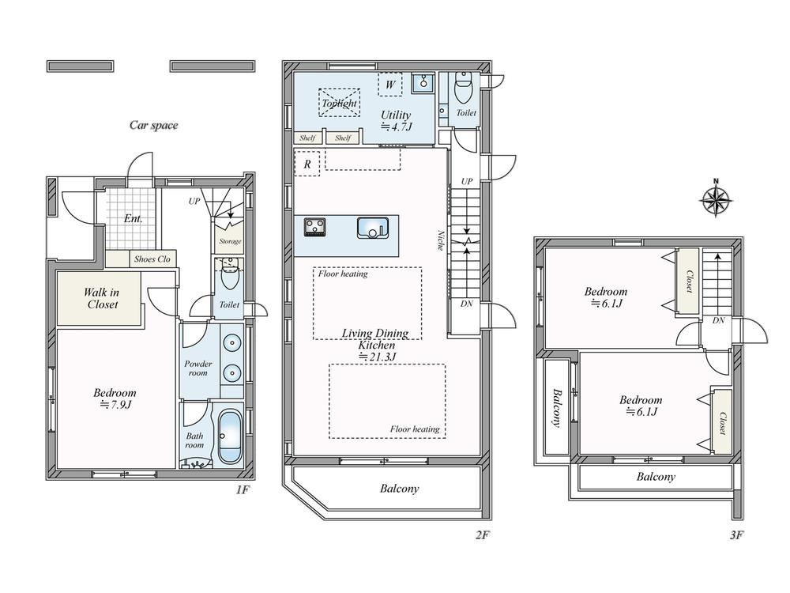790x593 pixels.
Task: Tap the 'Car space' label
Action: tap(154, 125)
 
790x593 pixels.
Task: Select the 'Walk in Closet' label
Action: tap(101, 298)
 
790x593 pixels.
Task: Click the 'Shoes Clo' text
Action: tap(152, 259)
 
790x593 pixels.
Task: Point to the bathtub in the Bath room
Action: tap(230, 436)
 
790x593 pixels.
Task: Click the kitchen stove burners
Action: tap(315, 226)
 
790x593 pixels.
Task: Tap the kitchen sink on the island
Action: tap(372, 228)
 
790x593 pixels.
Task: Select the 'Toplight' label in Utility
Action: tap(339, 104)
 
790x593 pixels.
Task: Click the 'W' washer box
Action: tap(390, 85)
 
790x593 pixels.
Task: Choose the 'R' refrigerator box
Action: tap(307, 164)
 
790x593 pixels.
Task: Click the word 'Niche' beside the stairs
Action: tap(440, 240)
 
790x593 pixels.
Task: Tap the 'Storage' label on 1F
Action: tap(230, 241)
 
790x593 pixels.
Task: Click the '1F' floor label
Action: tap(243, 489)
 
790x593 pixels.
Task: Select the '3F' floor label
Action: tap(736, 535)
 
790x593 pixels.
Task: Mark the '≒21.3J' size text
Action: tap(377, 357)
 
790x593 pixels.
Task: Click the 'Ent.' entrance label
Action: tap(133, 219)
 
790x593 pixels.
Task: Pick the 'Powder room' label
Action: tap(198, 368)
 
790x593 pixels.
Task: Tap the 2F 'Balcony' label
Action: tap(399, 488)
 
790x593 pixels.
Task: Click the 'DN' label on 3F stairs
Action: tap(718, 320)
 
